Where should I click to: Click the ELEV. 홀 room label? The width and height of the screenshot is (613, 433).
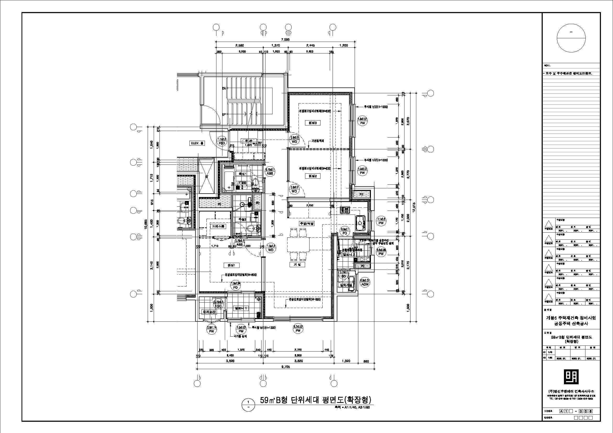197,143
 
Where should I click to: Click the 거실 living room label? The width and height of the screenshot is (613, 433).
297,265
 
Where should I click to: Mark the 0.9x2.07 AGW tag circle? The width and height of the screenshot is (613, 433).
365,283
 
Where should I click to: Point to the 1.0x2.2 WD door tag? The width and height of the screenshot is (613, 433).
271,248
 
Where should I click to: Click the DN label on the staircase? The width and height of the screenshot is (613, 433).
224,88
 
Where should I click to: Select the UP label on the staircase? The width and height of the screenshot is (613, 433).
224,115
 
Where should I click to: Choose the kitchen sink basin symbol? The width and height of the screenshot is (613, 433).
360,223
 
